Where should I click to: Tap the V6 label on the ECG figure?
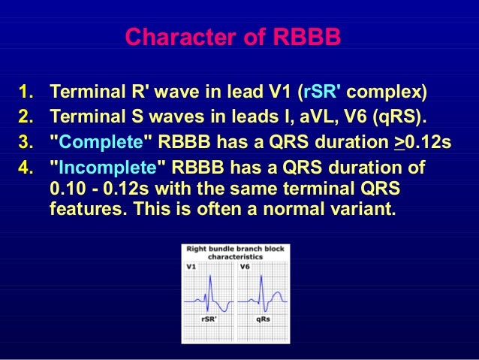pos(244,266)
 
